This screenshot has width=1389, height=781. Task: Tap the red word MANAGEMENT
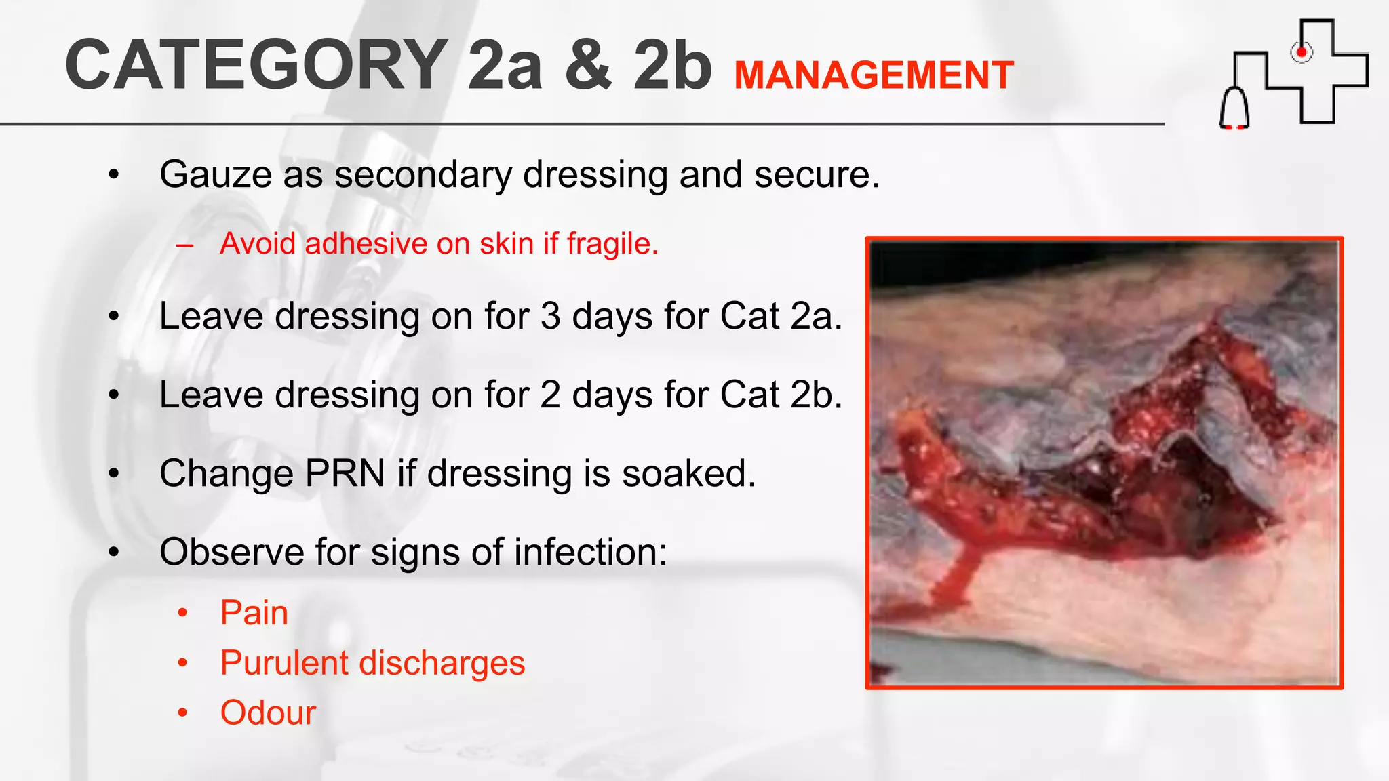tap(874, 75)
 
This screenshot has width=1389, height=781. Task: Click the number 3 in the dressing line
tap(551, 317)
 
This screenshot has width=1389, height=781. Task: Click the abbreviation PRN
tap(345, 473)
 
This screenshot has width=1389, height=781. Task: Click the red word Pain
tap(254, 613)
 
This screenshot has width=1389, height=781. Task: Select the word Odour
tap(268, 713)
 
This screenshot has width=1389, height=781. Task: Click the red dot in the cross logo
tap(1301, 52)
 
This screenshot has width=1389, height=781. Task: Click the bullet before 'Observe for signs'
tap(114, 553)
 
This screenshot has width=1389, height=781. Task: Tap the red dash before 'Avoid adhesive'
tap(184, 245)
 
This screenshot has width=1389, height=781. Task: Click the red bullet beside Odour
tap(182, 713)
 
